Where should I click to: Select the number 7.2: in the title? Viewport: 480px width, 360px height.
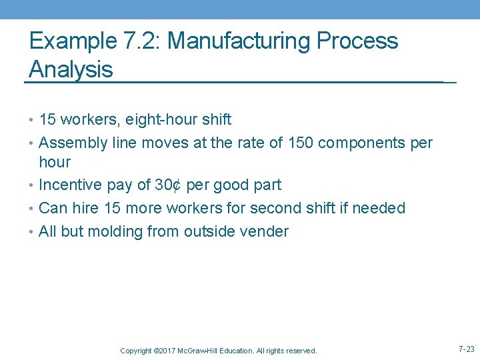click(142, 41)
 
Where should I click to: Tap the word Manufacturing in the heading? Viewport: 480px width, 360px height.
click(238, 41)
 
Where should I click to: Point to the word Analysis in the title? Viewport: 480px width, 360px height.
click(71, 69)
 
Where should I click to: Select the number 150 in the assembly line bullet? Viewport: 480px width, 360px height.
click(331, 143)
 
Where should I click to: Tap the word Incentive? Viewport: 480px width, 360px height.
click(69, 185)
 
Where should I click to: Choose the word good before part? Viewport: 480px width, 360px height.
click(235, 185)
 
